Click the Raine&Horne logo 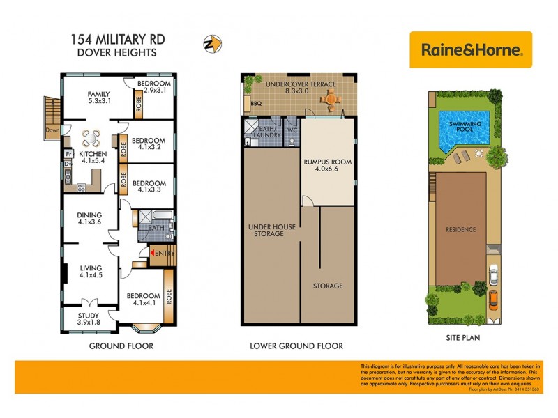pos(471,49)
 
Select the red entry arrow pos(151,254)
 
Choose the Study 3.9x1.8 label pos(89,318)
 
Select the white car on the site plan pos(492,277)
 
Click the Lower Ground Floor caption pos(296,346)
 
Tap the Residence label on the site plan pos(461,229)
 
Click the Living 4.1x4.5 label pos(91,271)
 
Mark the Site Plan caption pos(462,338)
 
